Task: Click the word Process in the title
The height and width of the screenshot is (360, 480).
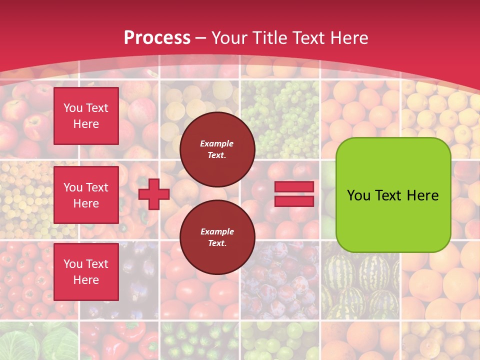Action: click(x=157, y=37)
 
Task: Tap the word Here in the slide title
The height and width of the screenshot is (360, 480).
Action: click(x=348, y=37)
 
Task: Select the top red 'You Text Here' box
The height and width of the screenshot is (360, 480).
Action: click(x=86, y=116)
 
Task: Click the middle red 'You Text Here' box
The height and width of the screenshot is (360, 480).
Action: click(x=86, y=195)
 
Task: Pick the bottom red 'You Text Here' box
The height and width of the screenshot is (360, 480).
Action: click(x=86, y=272)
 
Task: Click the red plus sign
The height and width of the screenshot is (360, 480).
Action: click(x=154, y=194)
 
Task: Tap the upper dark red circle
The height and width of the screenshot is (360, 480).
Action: click(x=217, y=149)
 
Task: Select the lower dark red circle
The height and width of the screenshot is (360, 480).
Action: click(x=217, y=237)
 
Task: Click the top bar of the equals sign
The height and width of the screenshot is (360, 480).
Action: click(x=294, y=186)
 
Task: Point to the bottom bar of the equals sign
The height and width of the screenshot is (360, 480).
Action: click(x=294, y=201)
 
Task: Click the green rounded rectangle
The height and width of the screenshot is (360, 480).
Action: click(x=393, y=195)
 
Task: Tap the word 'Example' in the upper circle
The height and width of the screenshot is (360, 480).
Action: click(x=217, y=143)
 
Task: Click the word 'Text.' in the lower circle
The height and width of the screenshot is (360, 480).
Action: click(x=217, y=243)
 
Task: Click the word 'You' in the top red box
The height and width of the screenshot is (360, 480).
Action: click(x=73, y=108)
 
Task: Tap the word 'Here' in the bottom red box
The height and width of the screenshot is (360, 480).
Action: click(x=86, y=280)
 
